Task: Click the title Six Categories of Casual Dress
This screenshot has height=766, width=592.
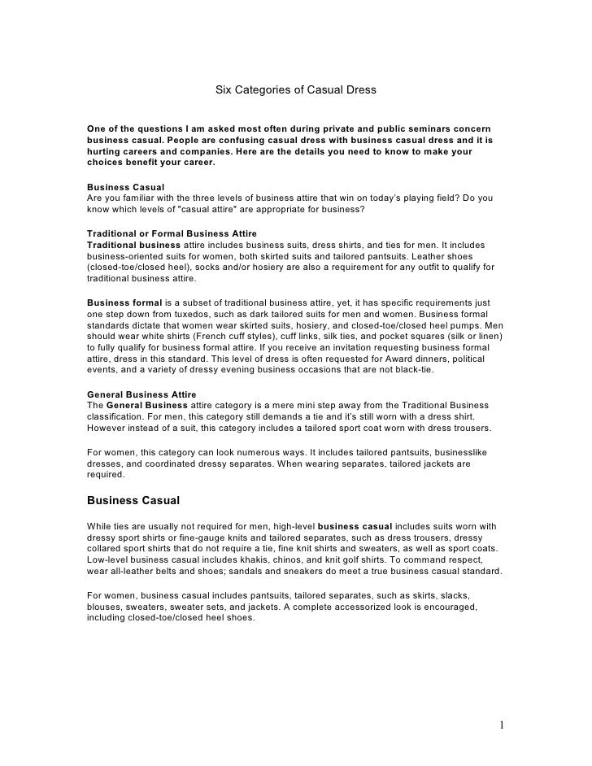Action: [295, 89]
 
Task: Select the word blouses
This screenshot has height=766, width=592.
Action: [107, 606]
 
